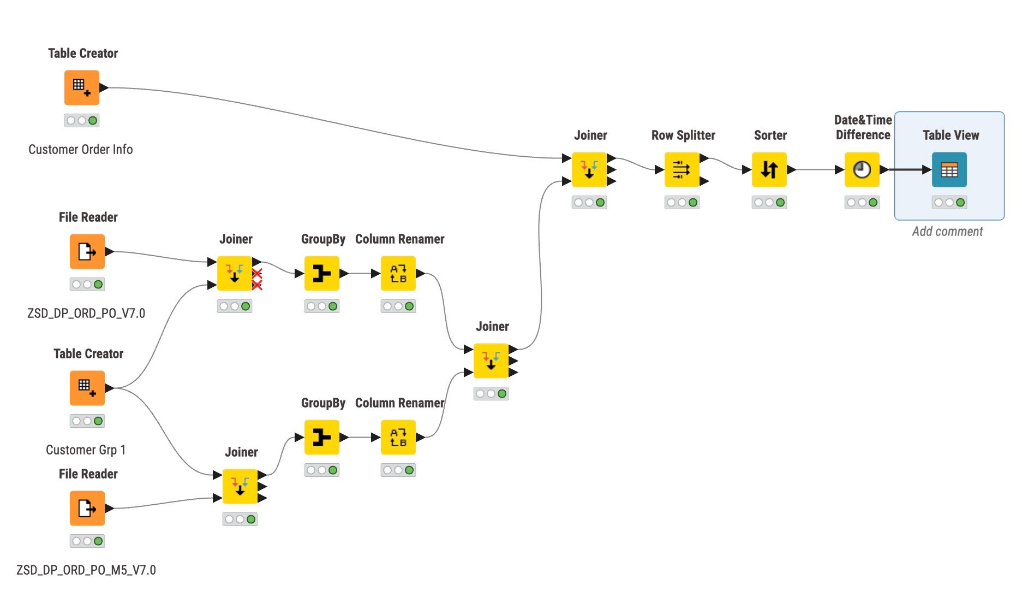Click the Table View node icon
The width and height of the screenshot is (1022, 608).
(x=949, y=170)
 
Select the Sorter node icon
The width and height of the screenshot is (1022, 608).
(x=769, y=170)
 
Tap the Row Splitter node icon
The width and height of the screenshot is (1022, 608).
(x=682, y=170)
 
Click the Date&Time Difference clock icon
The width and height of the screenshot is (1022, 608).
(x=862, y=170)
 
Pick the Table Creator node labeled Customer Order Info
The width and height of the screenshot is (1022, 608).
(x=82, y=87)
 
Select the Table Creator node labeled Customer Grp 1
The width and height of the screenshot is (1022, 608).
(x=87, y=388)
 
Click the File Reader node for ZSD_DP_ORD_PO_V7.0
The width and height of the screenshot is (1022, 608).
(x=87, y=251)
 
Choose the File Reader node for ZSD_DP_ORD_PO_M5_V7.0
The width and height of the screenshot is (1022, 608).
(x=87, y=508)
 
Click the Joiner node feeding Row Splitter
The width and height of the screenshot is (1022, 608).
(x=589, y=170)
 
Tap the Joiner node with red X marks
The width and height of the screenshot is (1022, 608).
(x=235, y=273)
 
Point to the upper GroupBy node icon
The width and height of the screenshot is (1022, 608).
(x=322, y=273)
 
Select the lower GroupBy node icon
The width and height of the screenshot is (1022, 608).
(x=322, y=437)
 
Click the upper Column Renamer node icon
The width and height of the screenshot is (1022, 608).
(x=398, y=273)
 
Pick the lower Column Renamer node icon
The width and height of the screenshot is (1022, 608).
(x=398, y=437)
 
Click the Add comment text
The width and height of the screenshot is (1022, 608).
(x=947, y=232)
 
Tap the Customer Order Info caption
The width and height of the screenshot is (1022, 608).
(x=81, y=150)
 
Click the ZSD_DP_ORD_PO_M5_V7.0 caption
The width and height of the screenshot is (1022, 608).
(x=86, y=570)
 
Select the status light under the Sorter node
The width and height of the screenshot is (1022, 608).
(x=769, y=203)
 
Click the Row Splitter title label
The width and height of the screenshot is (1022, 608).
(x=683, y=135)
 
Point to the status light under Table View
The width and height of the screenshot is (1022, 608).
(x=949, y=203)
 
